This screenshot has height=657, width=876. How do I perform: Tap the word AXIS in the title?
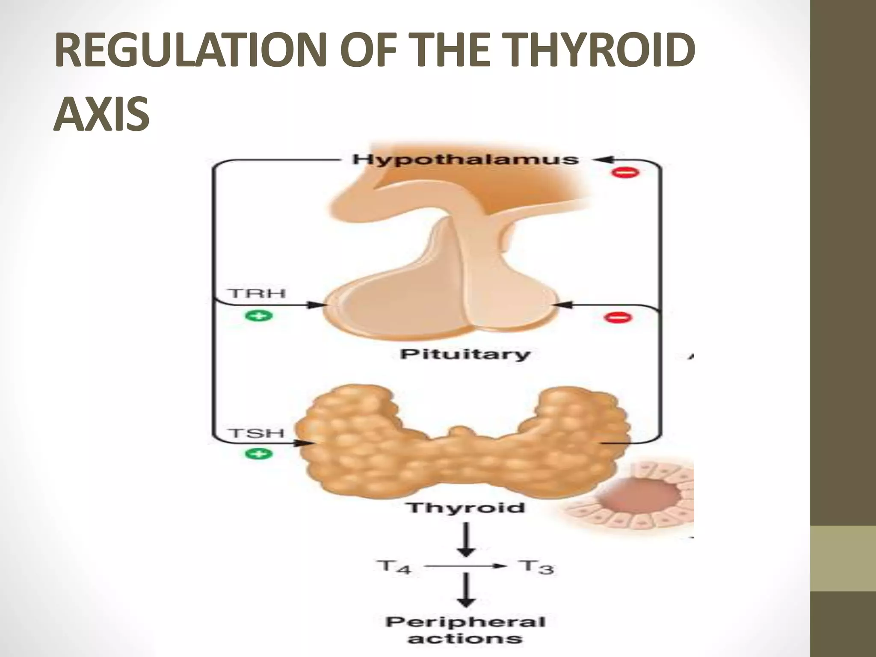point(102,113)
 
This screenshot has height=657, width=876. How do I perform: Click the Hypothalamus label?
point(465,160)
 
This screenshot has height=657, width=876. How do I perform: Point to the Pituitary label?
point(465,354)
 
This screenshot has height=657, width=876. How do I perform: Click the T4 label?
point(394,567)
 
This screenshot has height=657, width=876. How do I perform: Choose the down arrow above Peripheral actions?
point(467,591)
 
